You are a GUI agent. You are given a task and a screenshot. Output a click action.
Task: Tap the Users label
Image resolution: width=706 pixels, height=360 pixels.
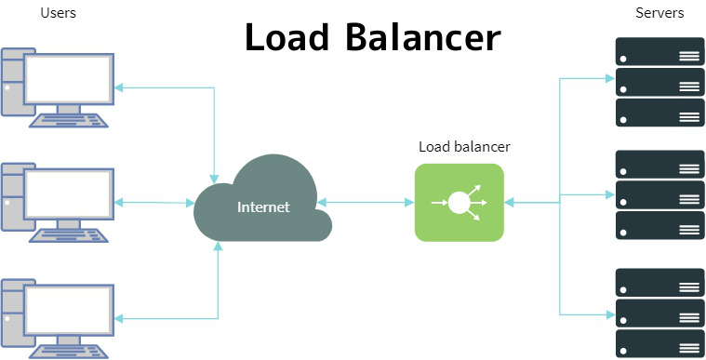tap(59, 13)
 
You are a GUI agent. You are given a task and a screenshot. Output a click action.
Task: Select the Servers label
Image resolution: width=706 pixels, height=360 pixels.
tap(659, 13)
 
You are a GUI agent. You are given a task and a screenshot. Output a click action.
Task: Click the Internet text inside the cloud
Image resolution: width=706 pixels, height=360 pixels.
tap(263, 207)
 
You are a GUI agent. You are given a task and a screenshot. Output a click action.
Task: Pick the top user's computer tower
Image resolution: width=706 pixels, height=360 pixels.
tap(13, 82)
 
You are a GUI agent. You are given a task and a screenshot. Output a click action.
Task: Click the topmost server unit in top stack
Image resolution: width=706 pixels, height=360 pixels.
tap(659, 52)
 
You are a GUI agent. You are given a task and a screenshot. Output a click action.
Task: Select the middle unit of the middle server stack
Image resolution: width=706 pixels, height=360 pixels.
tap(659, 195)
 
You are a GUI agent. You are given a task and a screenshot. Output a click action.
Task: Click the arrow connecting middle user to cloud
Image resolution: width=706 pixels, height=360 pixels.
tap(156, 202)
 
